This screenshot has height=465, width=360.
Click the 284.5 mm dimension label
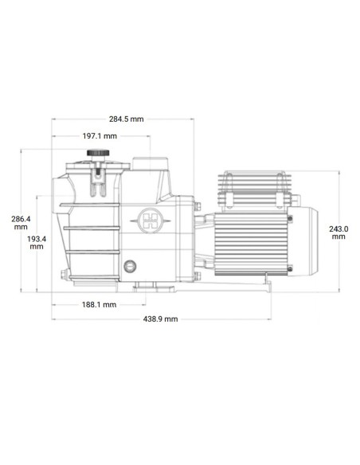pos(127,119)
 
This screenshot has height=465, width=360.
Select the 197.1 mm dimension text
pos(99,137)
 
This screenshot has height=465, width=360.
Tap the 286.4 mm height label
pos(21,221)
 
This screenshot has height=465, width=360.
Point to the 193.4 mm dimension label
pos(36,242)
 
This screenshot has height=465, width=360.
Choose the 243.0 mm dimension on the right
pos(338,232)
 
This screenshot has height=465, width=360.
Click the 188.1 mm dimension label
pos(100,304)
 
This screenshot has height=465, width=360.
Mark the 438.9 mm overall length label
pos(160,318)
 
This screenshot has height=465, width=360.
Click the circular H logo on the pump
pos(149,220)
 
